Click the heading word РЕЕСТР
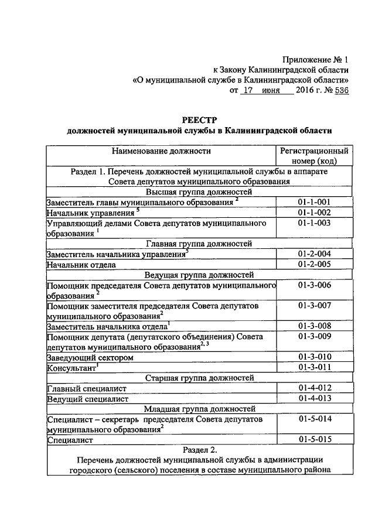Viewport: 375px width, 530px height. tap(199, 120)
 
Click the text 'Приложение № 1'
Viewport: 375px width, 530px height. tap(315, 60)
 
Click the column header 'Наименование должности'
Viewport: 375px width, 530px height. tap(162, 151)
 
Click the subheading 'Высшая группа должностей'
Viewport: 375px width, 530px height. tap(199, 192)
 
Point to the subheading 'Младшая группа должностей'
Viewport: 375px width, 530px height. tap(199, 409)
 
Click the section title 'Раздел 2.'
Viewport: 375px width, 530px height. tap(199, 450)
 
